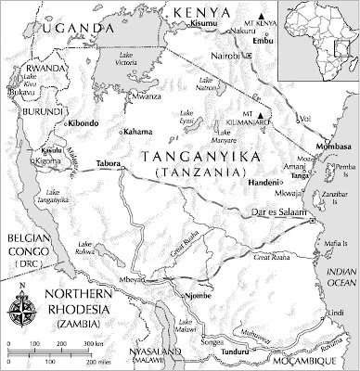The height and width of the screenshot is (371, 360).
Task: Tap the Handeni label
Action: pos(264,184)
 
